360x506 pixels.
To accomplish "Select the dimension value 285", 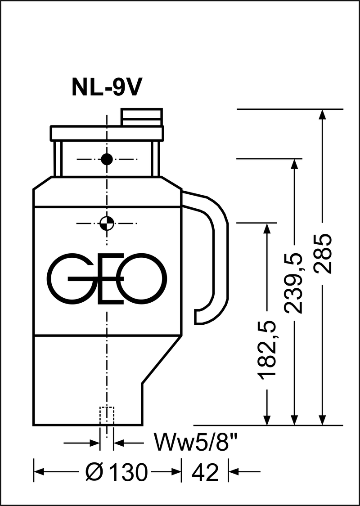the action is click(323, 254).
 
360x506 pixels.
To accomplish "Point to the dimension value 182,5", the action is click(267, 349).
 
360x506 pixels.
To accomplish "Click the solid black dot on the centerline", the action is click(107, 159).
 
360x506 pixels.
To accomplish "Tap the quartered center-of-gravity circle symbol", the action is click(107, 223).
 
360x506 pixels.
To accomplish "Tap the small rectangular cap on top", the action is click(141, 117).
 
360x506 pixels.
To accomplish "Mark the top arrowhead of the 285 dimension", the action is click(322, 115).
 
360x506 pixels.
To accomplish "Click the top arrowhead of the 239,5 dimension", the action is click(294, 165).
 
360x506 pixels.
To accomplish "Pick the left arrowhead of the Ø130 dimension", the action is click(40, 472).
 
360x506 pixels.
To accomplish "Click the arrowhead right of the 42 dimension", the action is click(234, 472).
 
